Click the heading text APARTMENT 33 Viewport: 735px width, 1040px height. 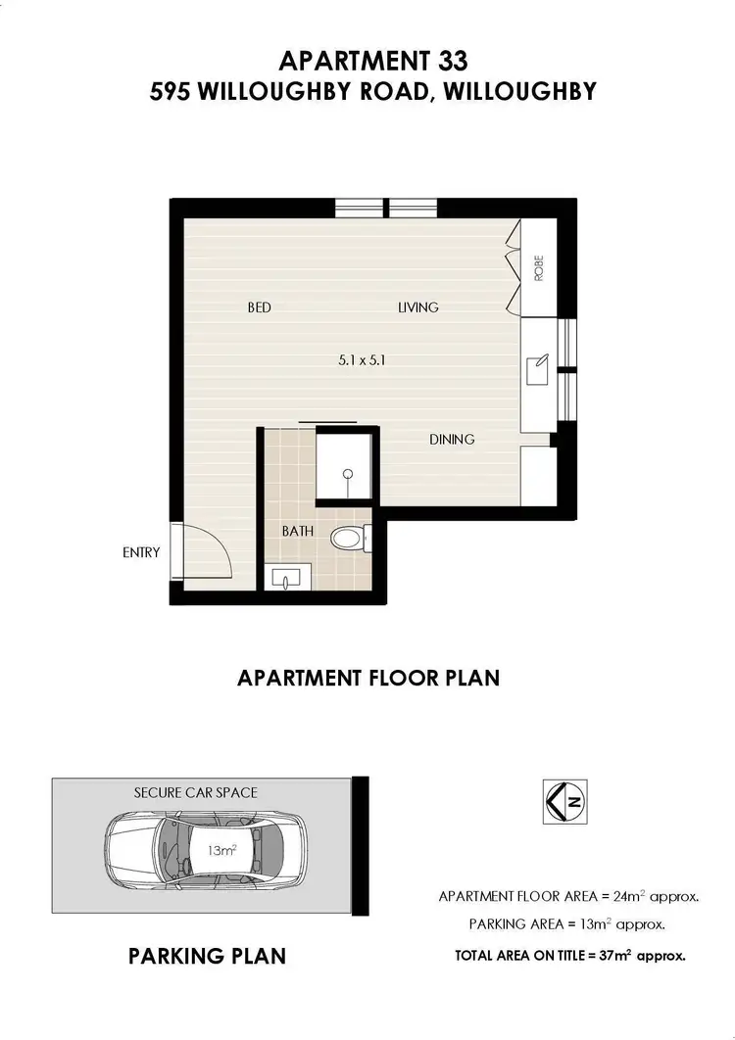click(x=367, y=61)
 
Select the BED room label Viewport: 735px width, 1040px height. click(x=259, y=307)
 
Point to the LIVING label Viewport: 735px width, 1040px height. click(x=417, y=307)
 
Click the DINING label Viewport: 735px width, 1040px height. click(x=452, y=440)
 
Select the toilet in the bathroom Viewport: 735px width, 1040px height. click(x=349, y=537)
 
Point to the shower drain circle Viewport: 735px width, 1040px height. click(x=347, y=474)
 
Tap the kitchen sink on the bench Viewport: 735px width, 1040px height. click(x=537, y=371)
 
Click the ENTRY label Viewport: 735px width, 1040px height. click(x=141, y=552)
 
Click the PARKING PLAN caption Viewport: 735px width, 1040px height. click(x=208, y=955)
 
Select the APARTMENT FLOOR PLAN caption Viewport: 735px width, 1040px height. click(x=368, y=677)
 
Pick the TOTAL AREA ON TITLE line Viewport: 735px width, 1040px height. click(x=569, y=954)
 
